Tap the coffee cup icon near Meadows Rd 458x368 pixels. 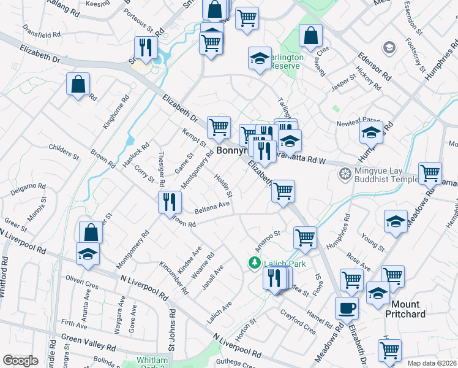coord(347,307)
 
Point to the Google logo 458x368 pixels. coord(20,361)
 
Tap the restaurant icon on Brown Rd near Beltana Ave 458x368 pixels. coord(170,202)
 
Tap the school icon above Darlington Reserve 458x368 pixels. coord(260,58)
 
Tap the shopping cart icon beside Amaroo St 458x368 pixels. coord(304,236)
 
